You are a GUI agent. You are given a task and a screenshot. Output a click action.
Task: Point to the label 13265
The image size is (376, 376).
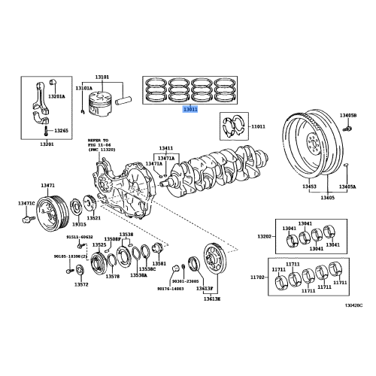tap(62, 132)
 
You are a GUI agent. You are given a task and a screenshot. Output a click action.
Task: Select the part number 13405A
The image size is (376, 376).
tap(347, 186)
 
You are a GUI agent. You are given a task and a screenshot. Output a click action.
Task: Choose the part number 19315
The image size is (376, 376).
tap(79, 225)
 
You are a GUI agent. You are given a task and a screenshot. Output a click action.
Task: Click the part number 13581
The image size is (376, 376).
tap(159, 264)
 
